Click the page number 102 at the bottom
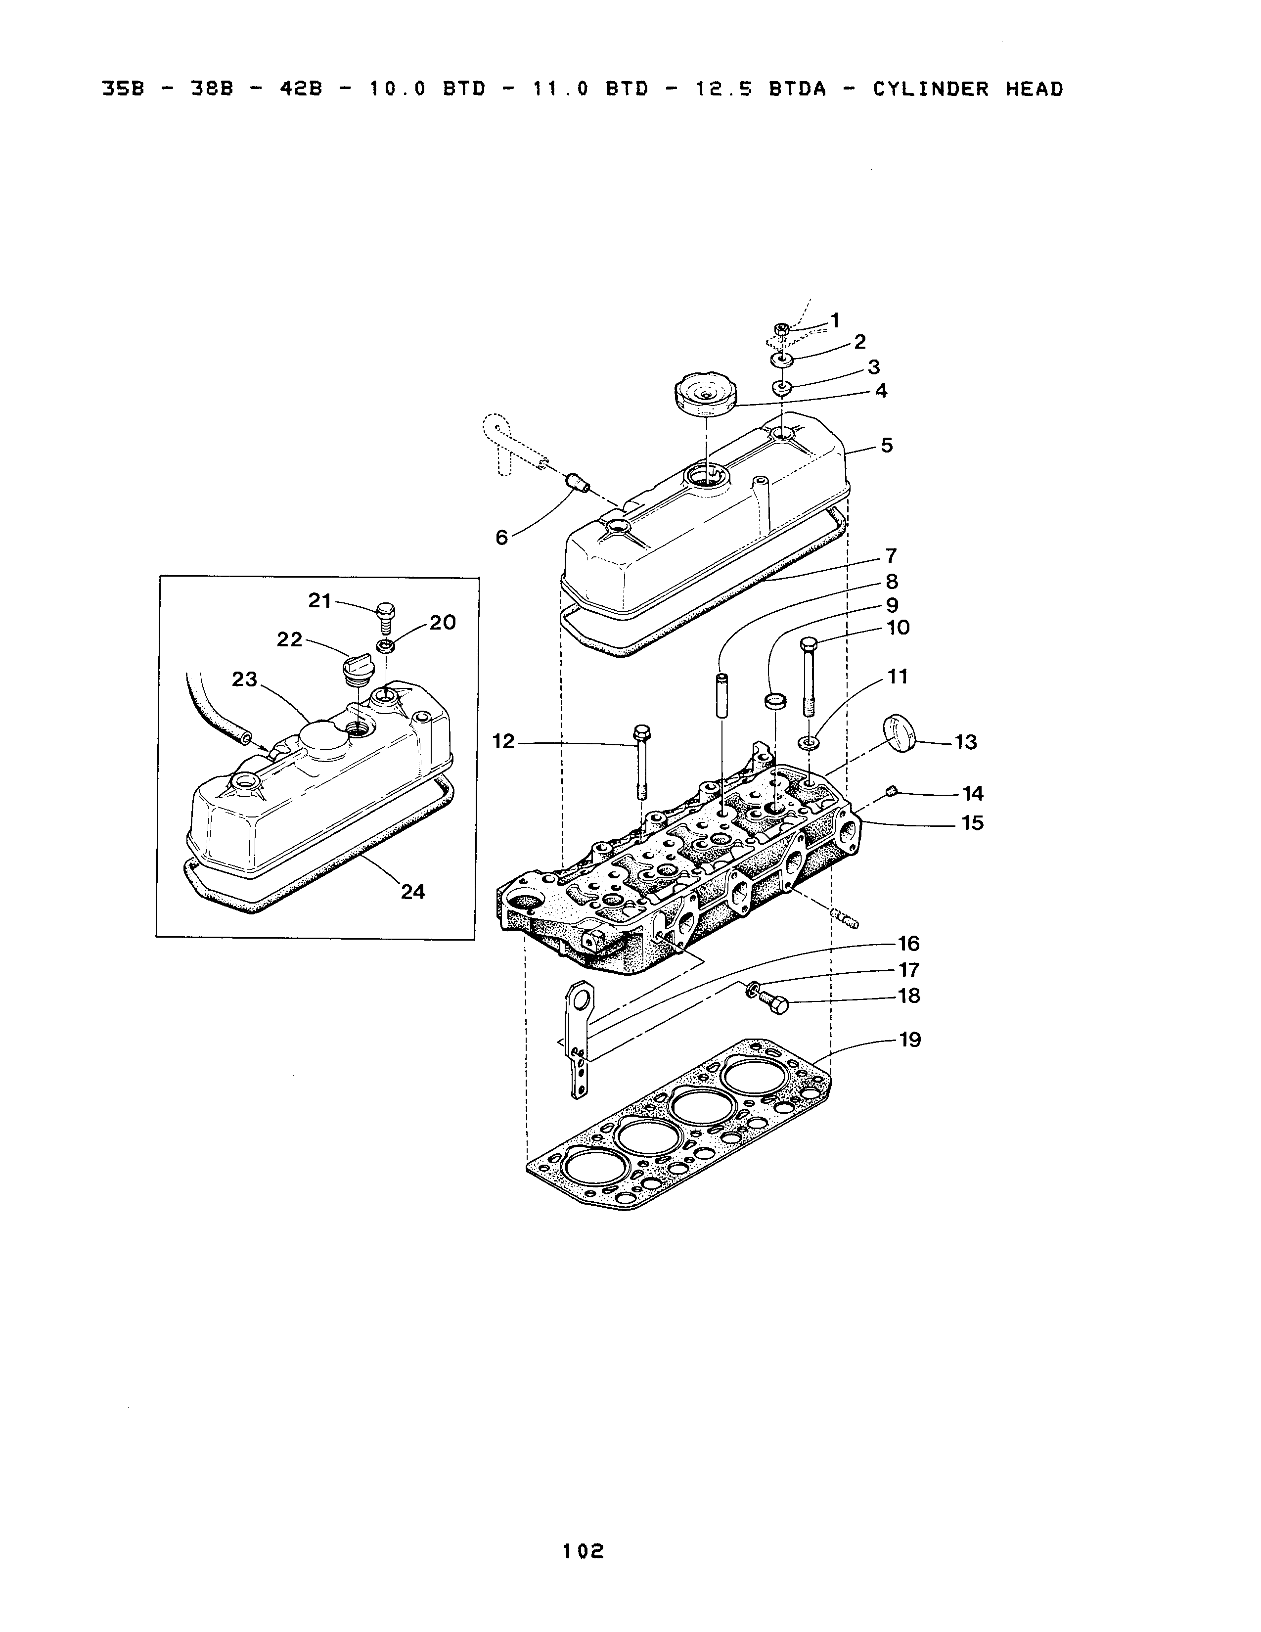tap(584, 1551)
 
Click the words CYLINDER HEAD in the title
tap(968, 90)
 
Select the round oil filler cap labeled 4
tap(704, 394)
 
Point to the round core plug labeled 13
tap(900, 734)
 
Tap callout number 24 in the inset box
tap(412, 892)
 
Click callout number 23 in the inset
tap(244, 679)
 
